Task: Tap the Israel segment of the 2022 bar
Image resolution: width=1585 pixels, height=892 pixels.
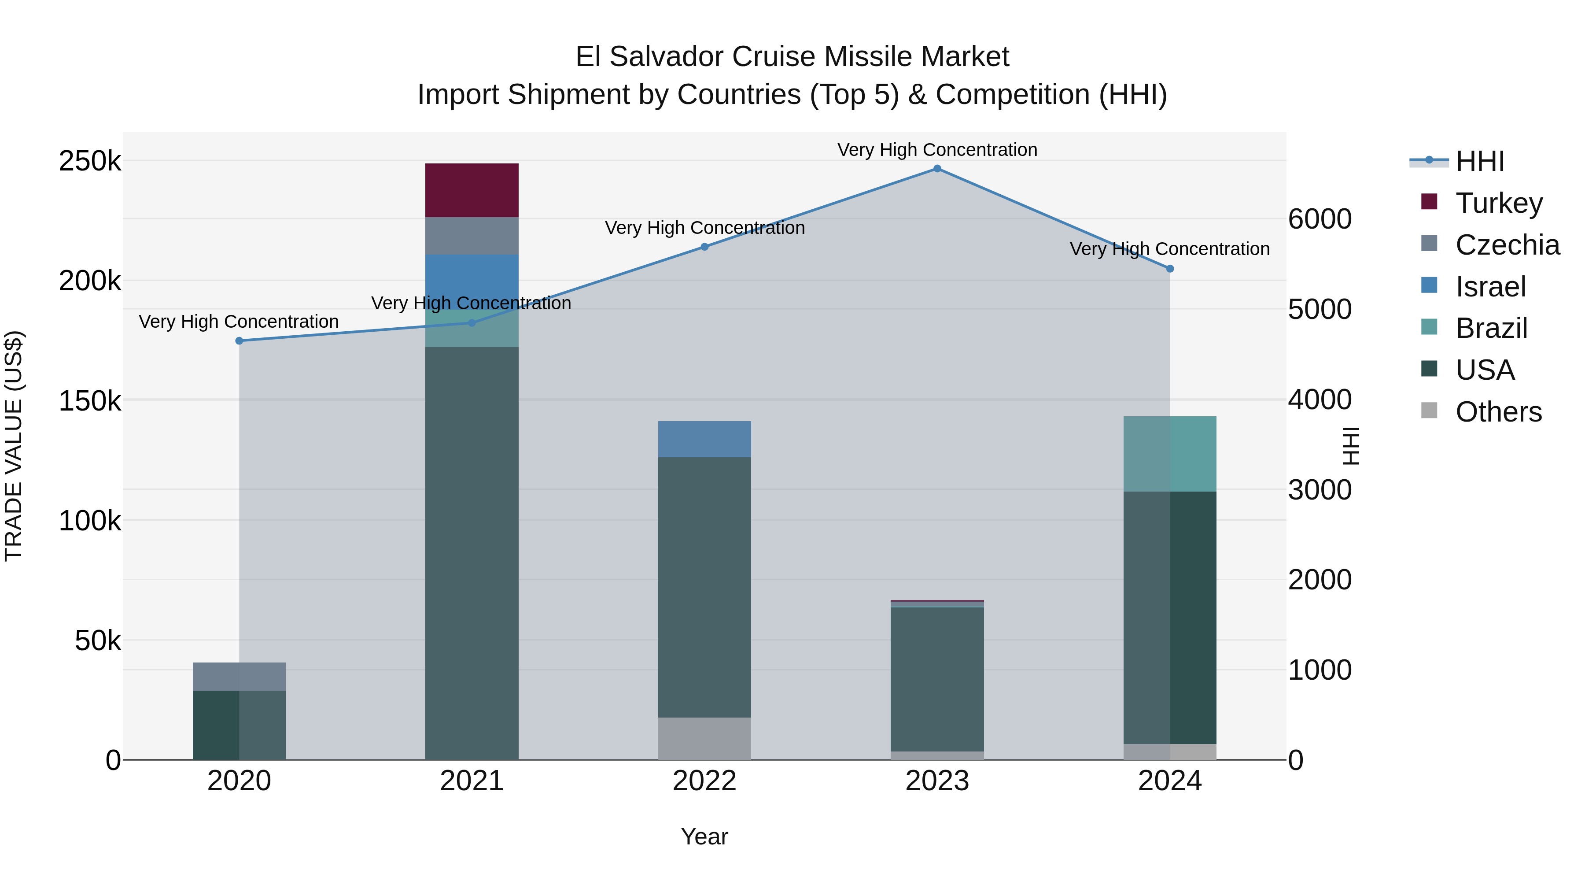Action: tap(704, 439)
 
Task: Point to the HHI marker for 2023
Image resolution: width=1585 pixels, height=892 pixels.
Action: tap(937, 169)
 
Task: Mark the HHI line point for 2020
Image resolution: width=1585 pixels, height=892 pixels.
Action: tap(240, 341)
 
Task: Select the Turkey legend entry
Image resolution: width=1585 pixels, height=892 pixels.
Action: tap(1499, 203)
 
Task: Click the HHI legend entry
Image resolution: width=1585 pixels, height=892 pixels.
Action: tap(1479, 161)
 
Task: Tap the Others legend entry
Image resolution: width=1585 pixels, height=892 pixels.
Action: tap(1498, 412)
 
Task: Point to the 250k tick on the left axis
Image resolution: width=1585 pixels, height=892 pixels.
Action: tap(90, 161)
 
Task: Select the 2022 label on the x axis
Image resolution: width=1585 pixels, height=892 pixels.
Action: tap(704, 781)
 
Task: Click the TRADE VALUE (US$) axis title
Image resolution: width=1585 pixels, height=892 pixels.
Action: tap(14, 446)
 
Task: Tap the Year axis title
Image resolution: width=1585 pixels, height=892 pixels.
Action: tap(704, 836)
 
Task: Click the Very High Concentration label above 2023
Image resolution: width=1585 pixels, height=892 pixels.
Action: tap(936, 150)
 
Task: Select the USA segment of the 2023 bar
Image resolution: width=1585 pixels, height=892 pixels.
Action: tap(936, 677)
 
